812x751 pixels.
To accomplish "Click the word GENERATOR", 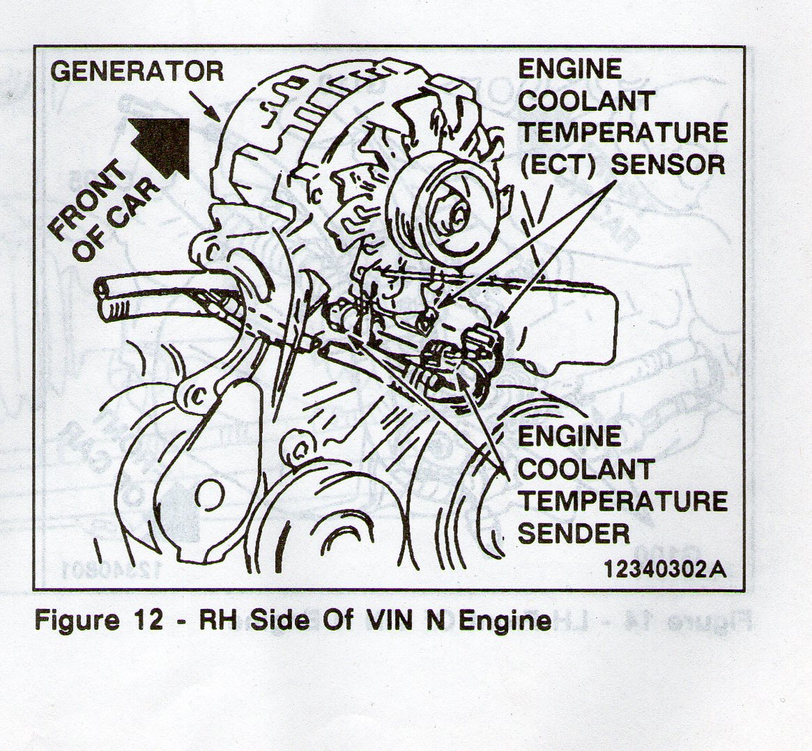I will [139, 71].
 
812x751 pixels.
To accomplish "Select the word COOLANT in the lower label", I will [586, 469].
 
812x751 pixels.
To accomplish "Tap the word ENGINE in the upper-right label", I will [569, 69].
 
